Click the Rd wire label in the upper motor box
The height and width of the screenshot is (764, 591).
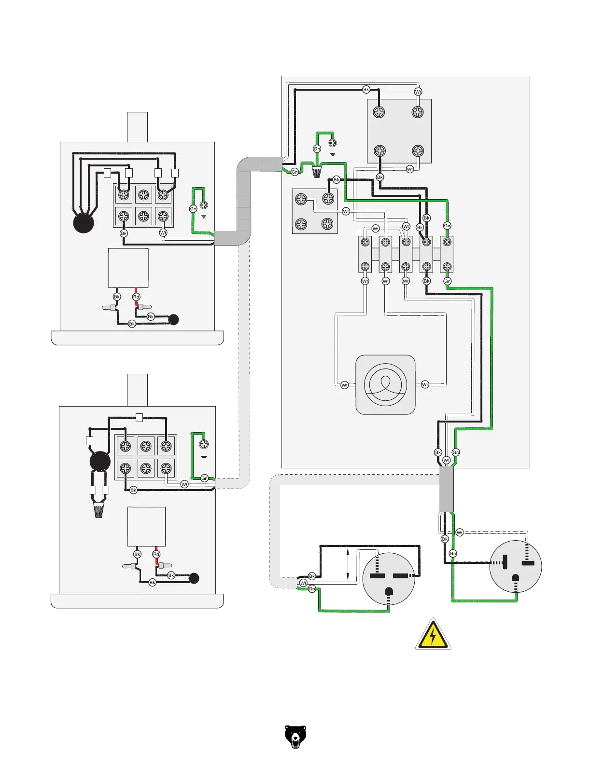click(x=136, y=297)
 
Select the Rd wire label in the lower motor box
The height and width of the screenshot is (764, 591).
click(x=156, y=554)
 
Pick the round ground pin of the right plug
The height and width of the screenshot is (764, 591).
click(x=516, y=578)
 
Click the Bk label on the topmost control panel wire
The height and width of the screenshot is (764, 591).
click(x=366, y=89)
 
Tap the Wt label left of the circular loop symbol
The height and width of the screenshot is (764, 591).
click(x=344, y=385)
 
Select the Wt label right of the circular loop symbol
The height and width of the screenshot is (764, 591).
click(x=425, y=384)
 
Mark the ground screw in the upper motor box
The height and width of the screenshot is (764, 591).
click(x=203, y=205)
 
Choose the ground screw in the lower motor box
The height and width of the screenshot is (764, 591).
click(x=204, y=444)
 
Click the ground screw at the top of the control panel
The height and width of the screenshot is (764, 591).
click(x=332, y=143)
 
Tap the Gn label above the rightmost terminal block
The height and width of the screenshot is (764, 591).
click(x=447, y=226)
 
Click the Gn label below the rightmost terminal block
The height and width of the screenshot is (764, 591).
click(x=447, y=281)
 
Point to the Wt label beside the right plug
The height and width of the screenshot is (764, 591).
click(x=459, y=533)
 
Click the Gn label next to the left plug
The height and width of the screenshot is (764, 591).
click(x=312, y=589)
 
